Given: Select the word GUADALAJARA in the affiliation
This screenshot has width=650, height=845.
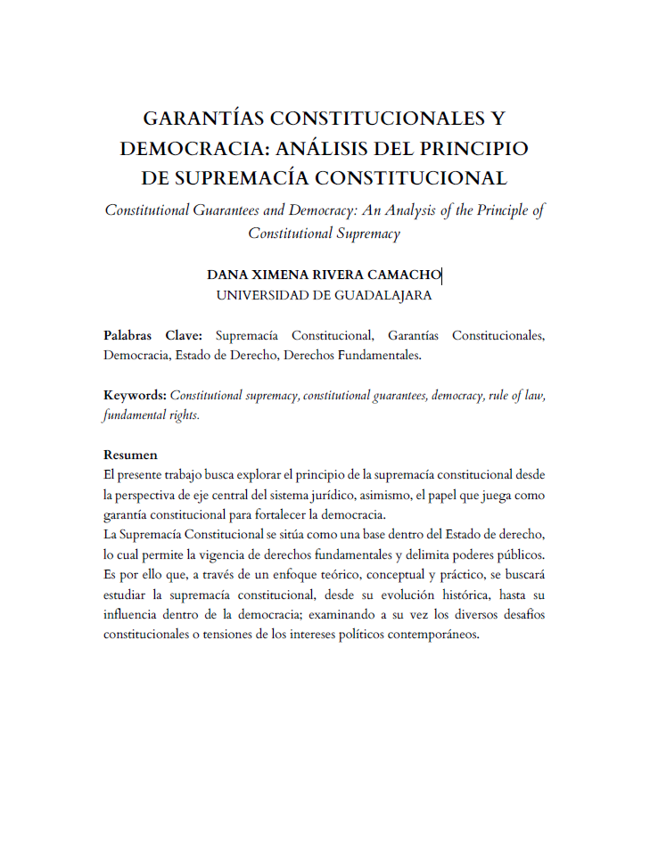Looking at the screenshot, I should pos(383,295).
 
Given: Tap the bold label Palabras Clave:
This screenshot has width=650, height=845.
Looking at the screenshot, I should pos(152,336).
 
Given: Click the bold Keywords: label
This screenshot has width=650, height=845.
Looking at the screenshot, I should pos(135,395).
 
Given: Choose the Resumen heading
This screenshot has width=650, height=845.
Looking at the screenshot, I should pos(130,455).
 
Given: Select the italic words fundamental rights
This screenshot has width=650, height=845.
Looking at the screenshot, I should pos(150,414).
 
